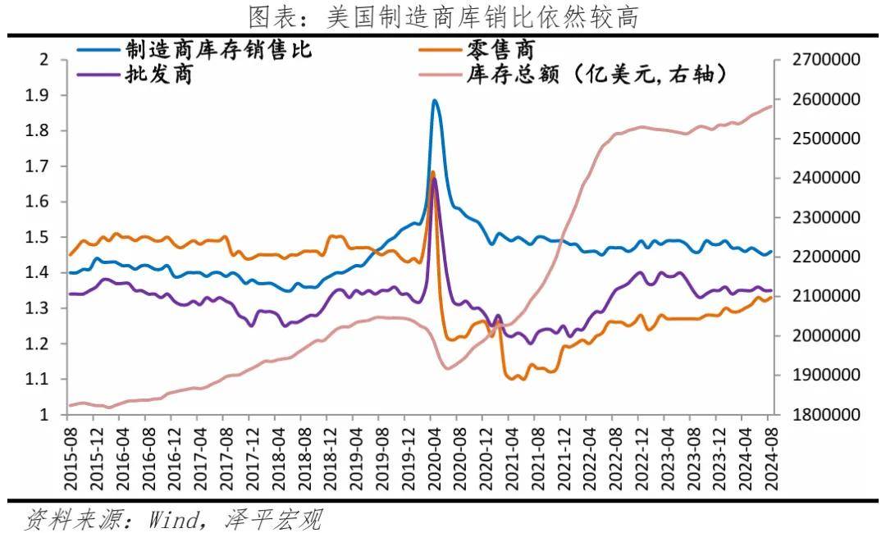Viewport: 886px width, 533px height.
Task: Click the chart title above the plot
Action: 443,16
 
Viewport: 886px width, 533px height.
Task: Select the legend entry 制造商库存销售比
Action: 218,49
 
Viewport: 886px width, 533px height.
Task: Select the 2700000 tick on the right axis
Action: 824,60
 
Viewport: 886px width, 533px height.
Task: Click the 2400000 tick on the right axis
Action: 824,178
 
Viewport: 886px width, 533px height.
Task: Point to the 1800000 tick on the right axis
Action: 824,415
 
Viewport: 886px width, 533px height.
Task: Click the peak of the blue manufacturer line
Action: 434,101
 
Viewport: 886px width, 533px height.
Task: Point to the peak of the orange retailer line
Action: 432,172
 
